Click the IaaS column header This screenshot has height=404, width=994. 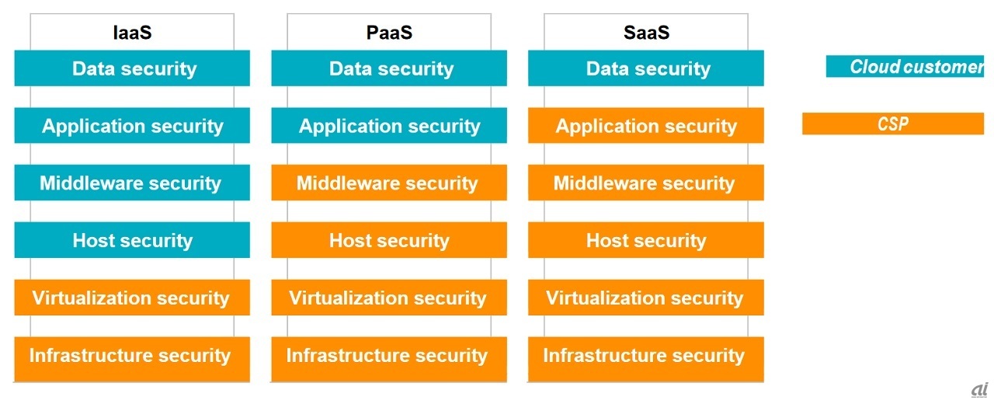[132, 33]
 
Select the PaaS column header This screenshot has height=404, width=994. [389, 33]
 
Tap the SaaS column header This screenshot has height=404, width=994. [646, 33]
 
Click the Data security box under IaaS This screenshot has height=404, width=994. [132, 68]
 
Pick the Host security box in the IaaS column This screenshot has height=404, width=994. [132, 240]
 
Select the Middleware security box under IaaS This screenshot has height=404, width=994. [132, 183]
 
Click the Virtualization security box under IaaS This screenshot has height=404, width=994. [132, 298]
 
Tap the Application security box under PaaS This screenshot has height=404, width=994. [389, 126]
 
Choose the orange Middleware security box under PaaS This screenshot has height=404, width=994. [389, 183]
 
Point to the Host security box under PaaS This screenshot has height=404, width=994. [389, 240]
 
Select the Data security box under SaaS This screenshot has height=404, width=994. [646, 68]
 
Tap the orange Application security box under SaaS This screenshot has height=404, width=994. [646, 126]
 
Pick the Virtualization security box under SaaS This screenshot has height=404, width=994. [646, 298]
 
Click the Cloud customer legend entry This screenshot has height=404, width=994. [905, 67]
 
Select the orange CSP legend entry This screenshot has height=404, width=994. [893, 124]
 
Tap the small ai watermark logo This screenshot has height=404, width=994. [979, 390]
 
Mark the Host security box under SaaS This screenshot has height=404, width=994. [646, 240]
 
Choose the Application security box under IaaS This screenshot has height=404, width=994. [132, 126]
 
